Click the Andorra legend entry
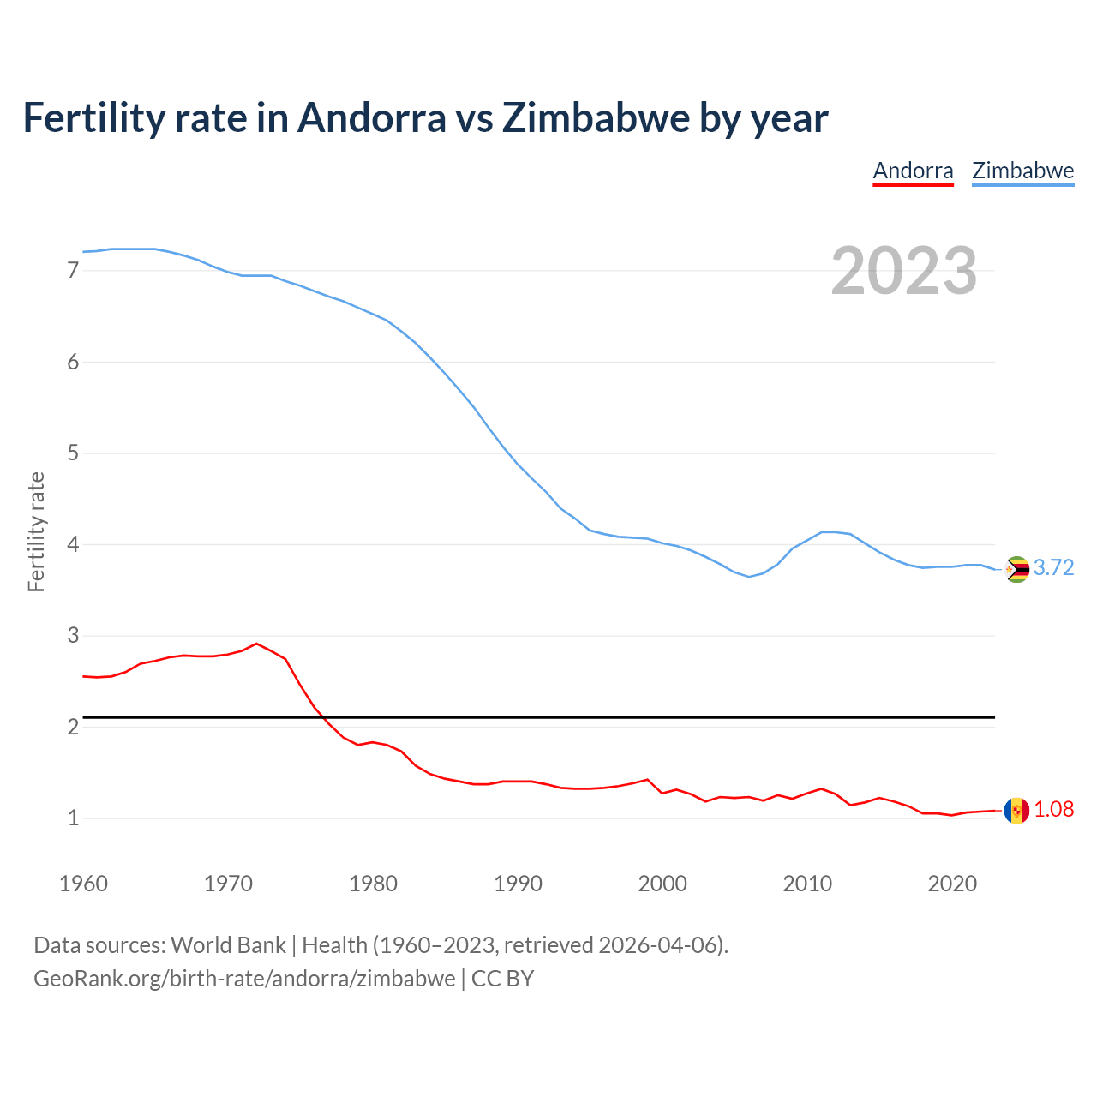(913, 171)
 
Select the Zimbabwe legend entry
(1022, 171)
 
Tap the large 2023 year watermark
(904, 271)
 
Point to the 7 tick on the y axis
(73, 271)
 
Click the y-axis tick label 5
(73, 453)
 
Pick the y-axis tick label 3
(73, 636)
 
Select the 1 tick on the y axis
(73, 818)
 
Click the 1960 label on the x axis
(83, 884)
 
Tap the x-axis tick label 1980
(373, 884)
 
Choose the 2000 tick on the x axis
(662, 884)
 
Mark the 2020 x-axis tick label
(952, 884)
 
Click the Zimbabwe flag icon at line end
(1016, 569)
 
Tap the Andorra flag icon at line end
(1016, 811)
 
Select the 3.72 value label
(1053, 568)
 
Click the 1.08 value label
(1053, 810)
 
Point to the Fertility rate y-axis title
(36, 531)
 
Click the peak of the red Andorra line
(256, 644)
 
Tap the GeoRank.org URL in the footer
(244, 979)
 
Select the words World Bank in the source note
(228, 945)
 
